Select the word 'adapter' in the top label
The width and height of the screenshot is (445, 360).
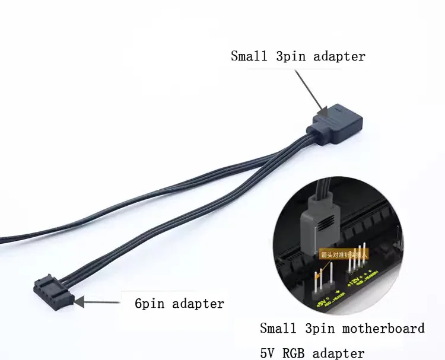pyautogui.click(x=339, y=57)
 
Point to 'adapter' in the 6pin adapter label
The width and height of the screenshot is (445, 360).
pyautogui.click(x=198, y=304)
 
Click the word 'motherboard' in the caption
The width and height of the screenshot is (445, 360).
pyautogui.click(x=386, y=329)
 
